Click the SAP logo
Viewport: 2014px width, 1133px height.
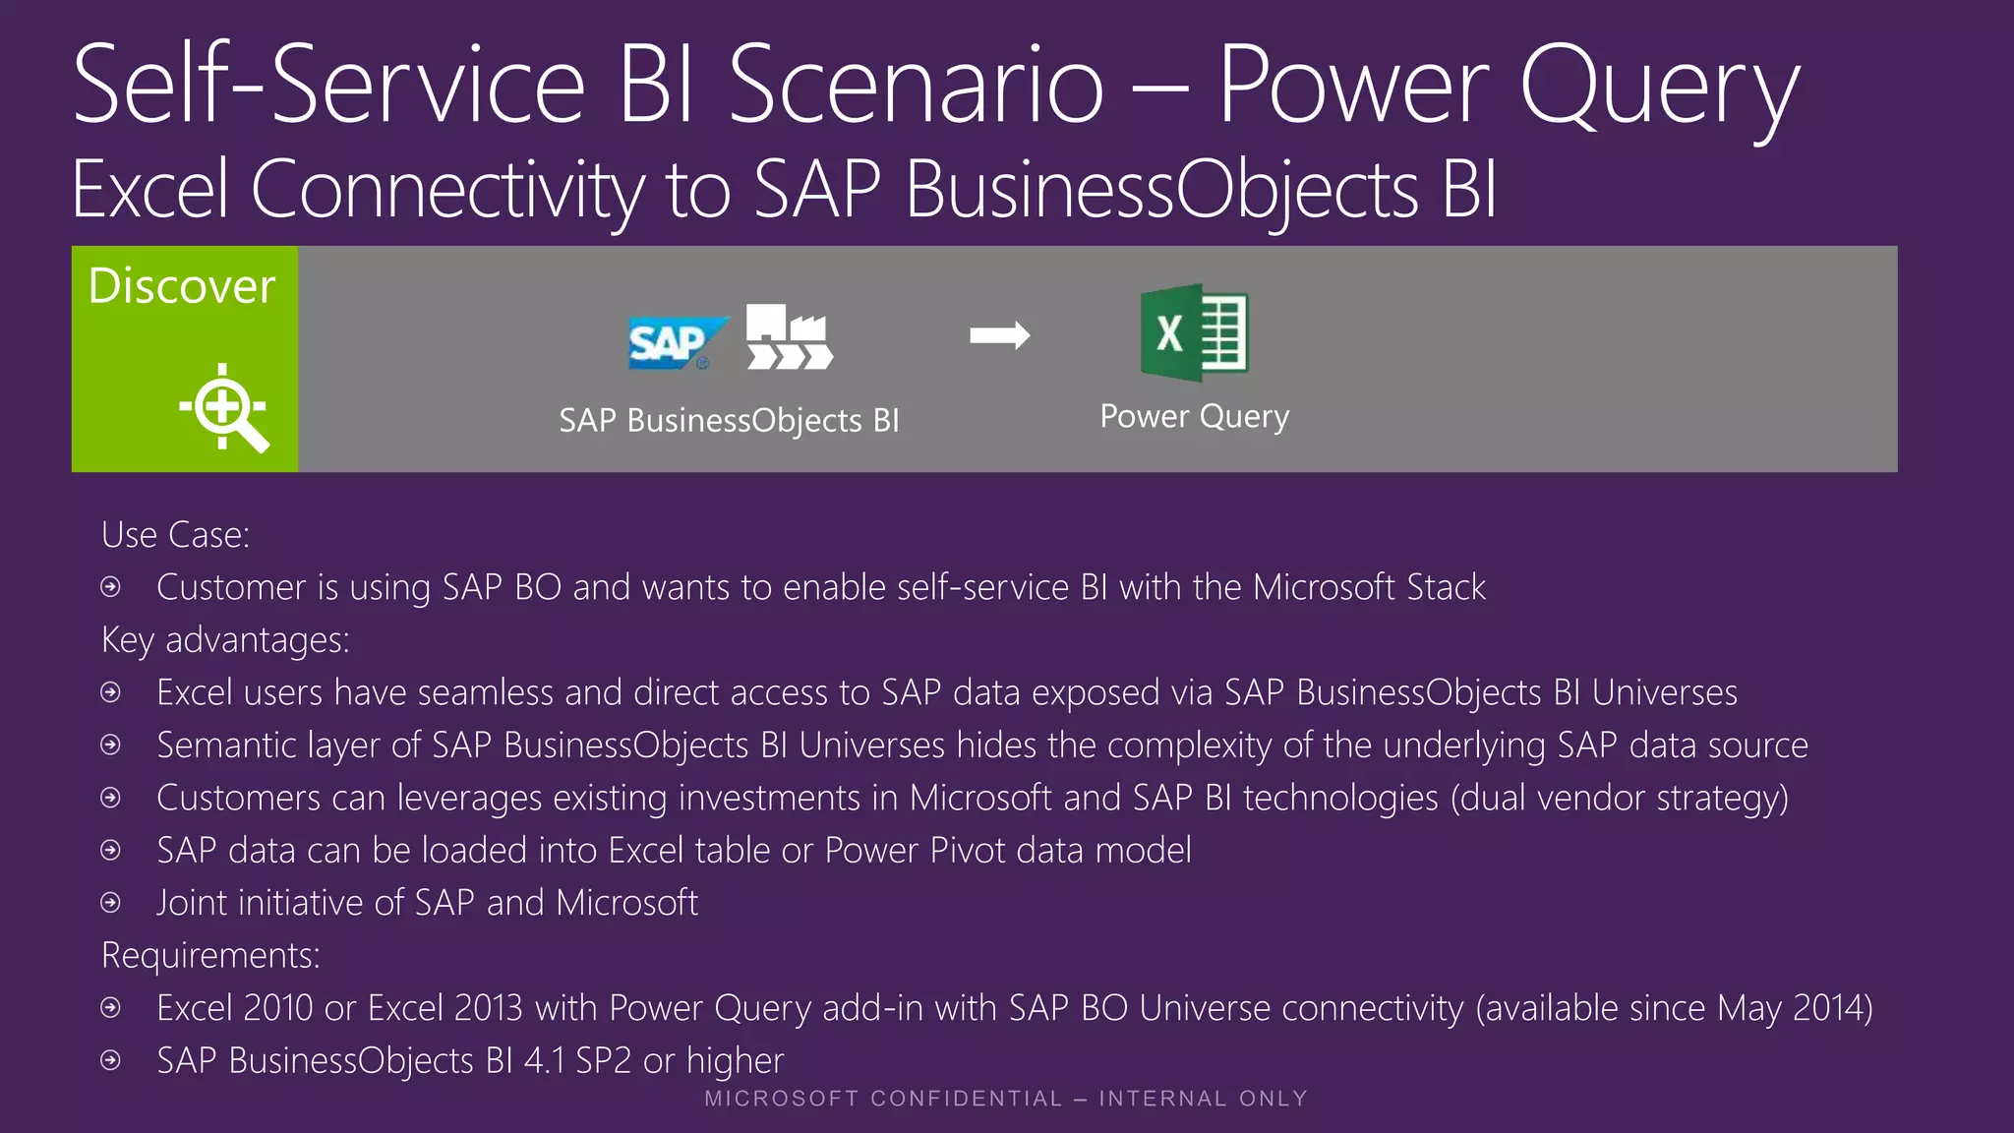coord(675,342)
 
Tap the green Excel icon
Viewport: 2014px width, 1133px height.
coord(1194,332)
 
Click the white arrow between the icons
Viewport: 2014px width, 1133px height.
coord(999,335)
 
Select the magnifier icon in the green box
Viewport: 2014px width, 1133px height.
coord(224,407)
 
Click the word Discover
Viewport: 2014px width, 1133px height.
coord(182,286)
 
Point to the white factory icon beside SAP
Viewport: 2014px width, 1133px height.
coord(789,336)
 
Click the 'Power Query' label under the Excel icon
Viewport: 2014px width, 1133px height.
coord(1194,416)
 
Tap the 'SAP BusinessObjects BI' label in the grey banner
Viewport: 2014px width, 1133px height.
coord(729,420)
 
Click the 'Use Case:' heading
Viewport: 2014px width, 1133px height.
coord(175,535)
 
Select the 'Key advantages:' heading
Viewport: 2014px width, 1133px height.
coord(225,640)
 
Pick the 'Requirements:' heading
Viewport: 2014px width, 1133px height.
coord(210,955)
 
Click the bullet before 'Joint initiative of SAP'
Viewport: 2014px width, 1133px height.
coord(111,903)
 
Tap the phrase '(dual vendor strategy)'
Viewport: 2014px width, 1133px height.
coord(1619,798)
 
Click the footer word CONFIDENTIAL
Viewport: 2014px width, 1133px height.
coord(967,1099)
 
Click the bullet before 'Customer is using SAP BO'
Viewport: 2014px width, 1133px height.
coord(111,587)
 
